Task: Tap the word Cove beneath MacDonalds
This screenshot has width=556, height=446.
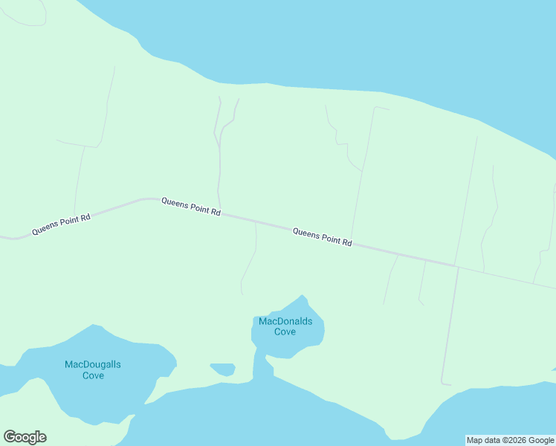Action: [x=285, y=332]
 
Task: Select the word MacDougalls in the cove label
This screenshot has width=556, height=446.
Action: [x=93, y=364]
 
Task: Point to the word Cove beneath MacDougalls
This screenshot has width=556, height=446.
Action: [x=93, y=375]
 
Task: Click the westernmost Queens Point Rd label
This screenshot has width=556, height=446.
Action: [x=61, y=225]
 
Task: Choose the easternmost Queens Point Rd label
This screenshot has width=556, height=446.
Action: [x=322, y=237]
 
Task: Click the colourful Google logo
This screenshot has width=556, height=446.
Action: [x=25, y=437]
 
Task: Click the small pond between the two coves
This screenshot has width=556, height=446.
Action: [x=223, y=369]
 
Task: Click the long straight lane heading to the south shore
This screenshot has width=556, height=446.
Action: [x=450, y=327]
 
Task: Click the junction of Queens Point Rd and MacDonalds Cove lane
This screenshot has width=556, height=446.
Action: [x=256, y=222]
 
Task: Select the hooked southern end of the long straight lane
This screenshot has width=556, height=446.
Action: [x=445, y=383]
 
